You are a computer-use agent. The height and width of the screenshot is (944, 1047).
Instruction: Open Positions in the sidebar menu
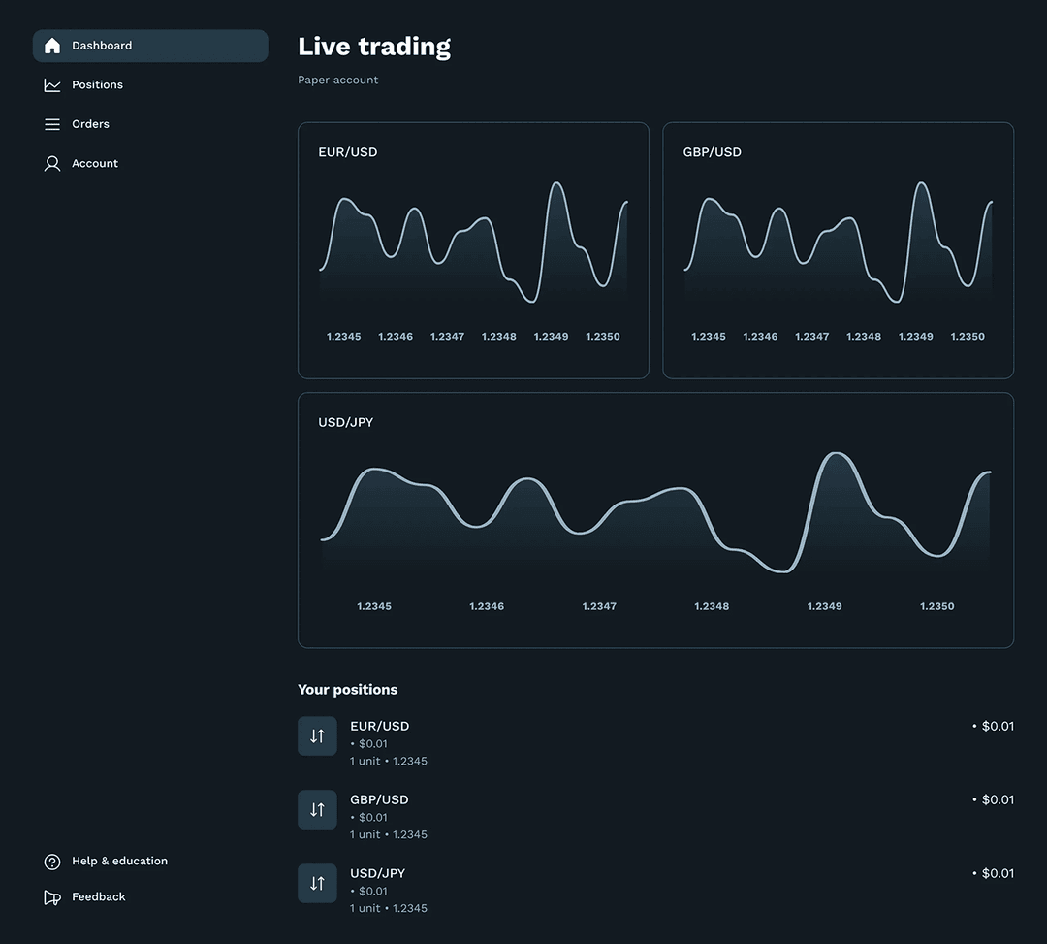[97, 85]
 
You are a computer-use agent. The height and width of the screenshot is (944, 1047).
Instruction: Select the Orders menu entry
[90, 124]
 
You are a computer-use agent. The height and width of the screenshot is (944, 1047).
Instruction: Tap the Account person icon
[52, 164]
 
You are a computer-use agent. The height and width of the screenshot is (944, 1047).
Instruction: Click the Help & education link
[119, 862]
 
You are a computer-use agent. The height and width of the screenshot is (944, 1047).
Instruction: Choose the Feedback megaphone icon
[52, 897]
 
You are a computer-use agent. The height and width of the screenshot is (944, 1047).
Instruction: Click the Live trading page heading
[374, 47]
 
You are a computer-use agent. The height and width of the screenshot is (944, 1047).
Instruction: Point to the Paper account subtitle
[337, 81]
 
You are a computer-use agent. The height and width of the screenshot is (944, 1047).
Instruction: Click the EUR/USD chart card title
[347, 152]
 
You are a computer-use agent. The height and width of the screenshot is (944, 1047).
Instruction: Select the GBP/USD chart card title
[712, 152]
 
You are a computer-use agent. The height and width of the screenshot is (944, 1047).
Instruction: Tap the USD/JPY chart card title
[345, 422]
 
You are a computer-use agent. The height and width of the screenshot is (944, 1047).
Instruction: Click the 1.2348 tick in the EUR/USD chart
[499, 337]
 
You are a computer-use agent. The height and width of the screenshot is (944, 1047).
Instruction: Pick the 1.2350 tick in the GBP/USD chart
[968, 337]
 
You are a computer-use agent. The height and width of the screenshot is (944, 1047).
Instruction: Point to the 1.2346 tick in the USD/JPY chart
[487, 606]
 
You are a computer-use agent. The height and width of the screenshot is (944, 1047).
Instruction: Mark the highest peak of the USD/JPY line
[835, 454]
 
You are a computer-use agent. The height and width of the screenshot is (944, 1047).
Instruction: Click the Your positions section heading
[347, 690]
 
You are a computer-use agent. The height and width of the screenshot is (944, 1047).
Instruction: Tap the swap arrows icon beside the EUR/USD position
[317, 736]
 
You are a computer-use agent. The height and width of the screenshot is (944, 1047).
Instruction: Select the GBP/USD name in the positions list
[379, 799]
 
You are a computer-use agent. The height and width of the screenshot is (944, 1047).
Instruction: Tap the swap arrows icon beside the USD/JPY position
[317, 884]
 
